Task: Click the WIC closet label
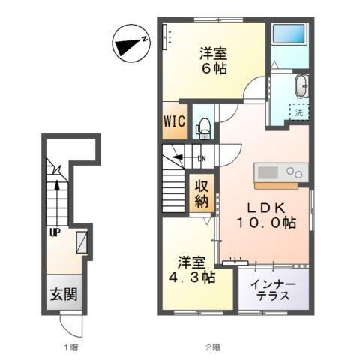pyautogui.click(x=175, y=121)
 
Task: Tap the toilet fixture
pyautogui.click(x=203, y=128)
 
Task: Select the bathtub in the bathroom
pyautogui.click(x=289, y=34)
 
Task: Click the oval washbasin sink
pyautogui.click(x=302, y=86)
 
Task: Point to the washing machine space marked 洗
pyautogui.click(x=299, y=112)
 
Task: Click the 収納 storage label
pyautogui.click(x=202, y=193)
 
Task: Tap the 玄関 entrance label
pyautogui.click(x=64, y=294)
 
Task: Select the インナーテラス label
pyautogui.click(x=274, y=290)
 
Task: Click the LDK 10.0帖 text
pyautogui.click(x=266, y=215)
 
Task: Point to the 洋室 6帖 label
pyautogui.click(x=213, y=61)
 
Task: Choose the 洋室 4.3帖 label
pyautogui.click(x=192, y=269)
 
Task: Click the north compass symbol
pyautogui.click(x=131, y=43)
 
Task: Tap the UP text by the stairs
pyautogui.click(x=55, y=233)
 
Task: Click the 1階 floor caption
pyautogui.click(x=71, y=347)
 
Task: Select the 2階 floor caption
pyautogui.click(x=213, y=347)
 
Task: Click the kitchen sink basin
pyautogui.click(x=268, y=172)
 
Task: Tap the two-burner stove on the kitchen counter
pyautogui.click(x=295, y=172)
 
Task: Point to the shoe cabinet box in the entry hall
pyautogui.click(x=82, y=242)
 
